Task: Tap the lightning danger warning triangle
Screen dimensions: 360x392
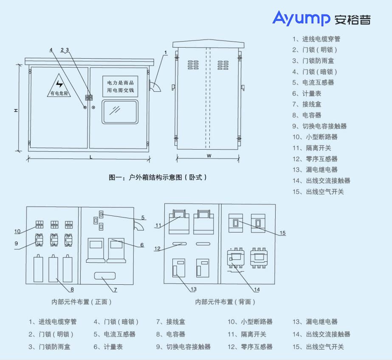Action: coord(59,85)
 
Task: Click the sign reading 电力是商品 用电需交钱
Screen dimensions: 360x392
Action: coord(120,86)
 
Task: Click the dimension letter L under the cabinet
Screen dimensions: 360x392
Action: coord(90,157)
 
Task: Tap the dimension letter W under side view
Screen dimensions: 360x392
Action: coord(209,156)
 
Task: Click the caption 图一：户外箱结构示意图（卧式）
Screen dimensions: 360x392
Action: coord(158,177)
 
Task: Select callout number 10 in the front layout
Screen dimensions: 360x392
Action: coord(17,232)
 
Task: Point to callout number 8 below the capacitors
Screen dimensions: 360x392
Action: coord(72,289)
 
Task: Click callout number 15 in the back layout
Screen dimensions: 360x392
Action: coord(282,232)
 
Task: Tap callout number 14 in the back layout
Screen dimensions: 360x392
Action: coord(257,290)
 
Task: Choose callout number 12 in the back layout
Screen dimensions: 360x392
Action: coord(157,249)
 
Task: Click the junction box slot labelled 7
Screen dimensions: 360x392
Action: coord(104,275)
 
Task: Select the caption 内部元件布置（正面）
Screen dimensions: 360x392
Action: coord(82,302)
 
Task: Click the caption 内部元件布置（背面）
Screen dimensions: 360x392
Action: coord(226,302)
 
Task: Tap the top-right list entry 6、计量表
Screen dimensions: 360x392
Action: coord(307,94)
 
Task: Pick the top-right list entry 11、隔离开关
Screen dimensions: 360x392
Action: coord(312,148)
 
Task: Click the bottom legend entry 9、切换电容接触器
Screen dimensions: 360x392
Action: coord(183,347)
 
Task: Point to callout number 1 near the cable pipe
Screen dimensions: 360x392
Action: coord(166,53)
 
